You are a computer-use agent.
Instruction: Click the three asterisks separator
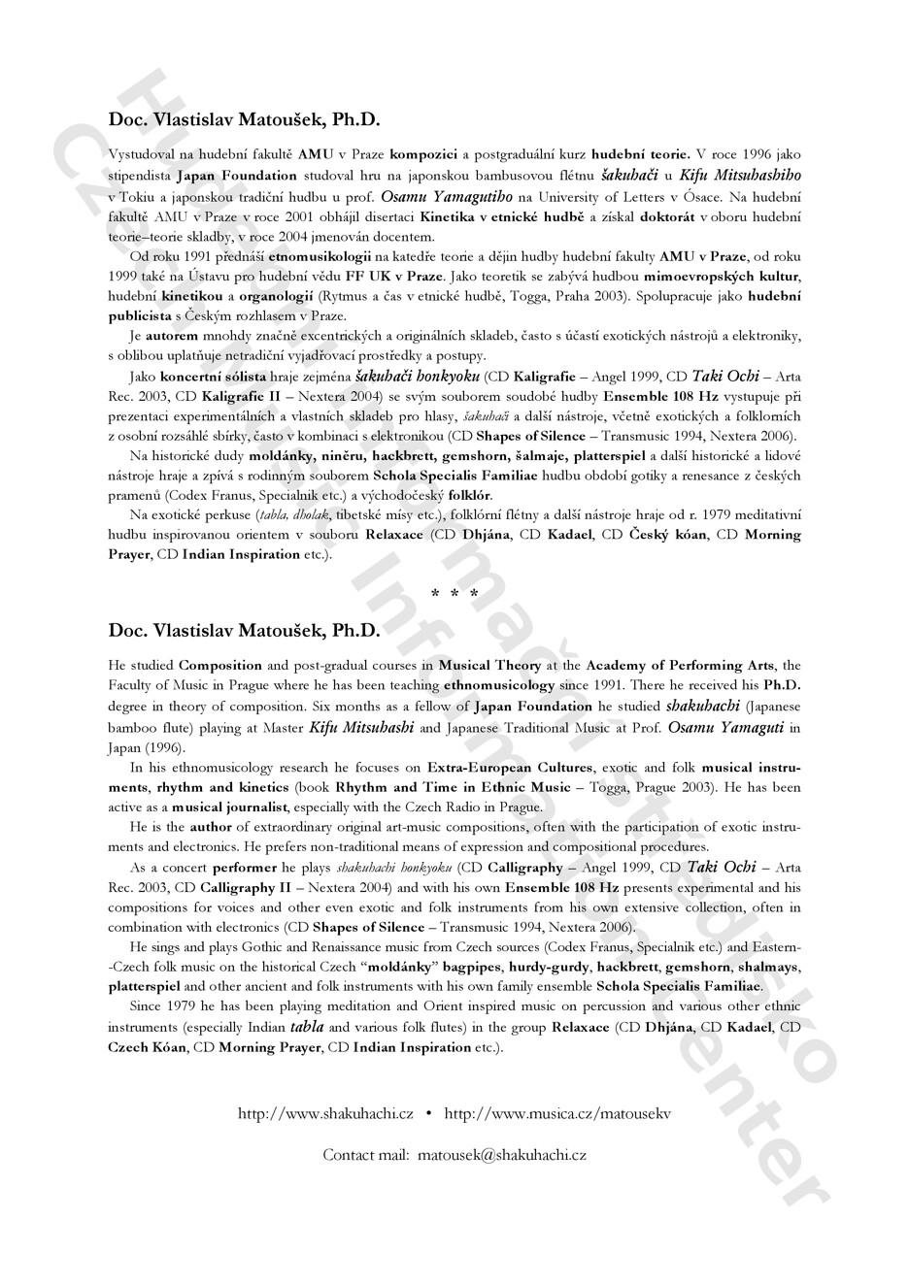pyautogui.click(x=454, y=593)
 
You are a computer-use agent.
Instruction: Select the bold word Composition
pyautogui.click(x=220, y=666)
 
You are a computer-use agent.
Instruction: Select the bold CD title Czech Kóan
pyautogui.click(x=148, y=1047)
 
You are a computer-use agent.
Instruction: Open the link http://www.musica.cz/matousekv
pyautogui.click(x=557, y=1114)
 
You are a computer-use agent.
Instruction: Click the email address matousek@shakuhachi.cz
pyautogui.click(x=502, y=1155)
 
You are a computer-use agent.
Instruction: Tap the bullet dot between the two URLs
pyautogui.click(x=429, y=1114)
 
